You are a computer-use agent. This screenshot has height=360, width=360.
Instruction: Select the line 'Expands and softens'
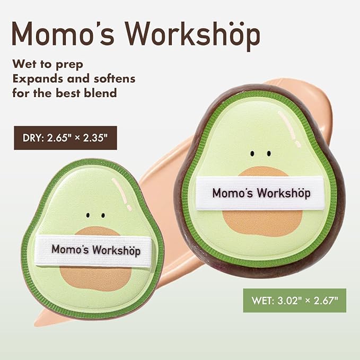point(74,78)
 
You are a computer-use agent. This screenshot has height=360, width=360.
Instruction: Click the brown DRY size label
point(65,138)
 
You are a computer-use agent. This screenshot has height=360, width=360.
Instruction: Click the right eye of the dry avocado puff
point(102,216)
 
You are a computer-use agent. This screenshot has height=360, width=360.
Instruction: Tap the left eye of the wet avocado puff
point(253,154)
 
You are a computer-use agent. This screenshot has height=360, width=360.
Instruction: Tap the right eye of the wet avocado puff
point(269,154)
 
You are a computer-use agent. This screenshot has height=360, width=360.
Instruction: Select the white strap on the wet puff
point(261,193)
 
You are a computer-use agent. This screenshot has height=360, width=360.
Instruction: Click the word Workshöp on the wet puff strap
point(284,193)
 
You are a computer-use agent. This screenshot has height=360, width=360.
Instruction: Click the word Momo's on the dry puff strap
point(70,249)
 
